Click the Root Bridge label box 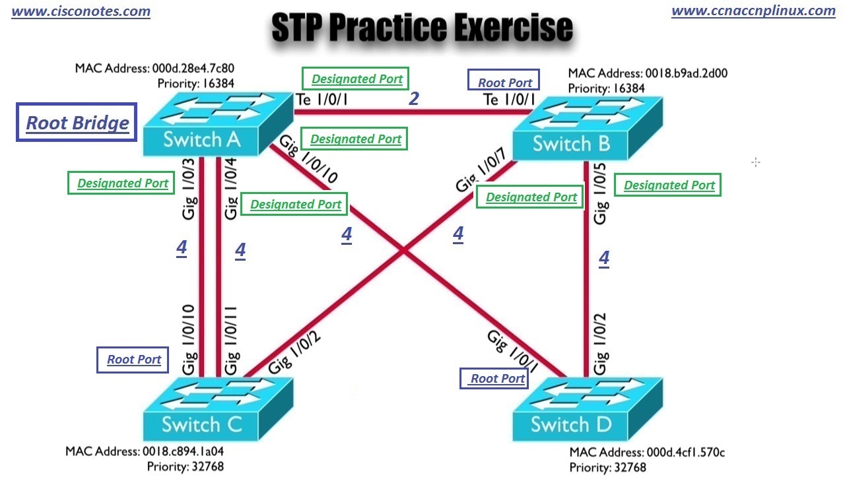click(x=77, y=122)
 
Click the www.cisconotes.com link click(x=81, y=11)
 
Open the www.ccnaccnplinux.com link click(x=753, y=11)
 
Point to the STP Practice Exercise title click(x=422, y=28)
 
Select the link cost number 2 click(x=414, y=99)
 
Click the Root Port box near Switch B click(x=504, y=82)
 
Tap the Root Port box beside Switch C click(x=134, y=360)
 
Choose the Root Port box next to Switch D click(x=496, y=378)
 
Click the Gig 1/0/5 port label click(x=601, y=194)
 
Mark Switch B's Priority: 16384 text click(x=606, y=88)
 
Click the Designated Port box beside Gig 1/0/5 click(x=669, y=185)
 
